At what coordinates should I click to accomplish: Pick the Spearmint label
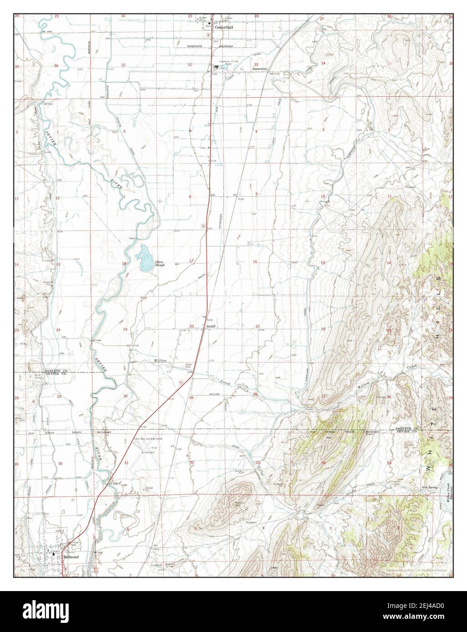click(260, 69)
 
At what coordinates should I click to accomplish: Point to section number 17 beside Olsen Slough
click(191, 261)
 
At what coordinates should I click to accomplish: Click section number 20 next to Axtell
click(192, 326)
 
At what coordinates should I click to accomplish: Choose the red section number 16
click(255, 261)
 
